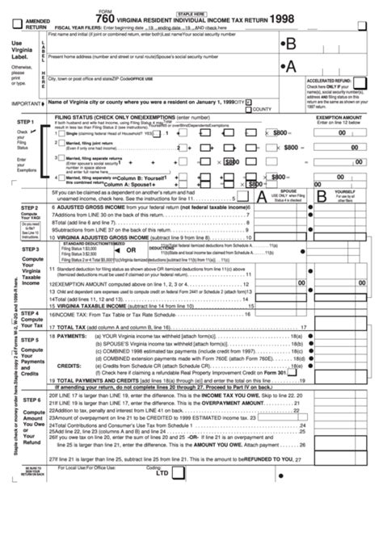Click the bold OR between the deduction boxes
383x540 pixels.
click(130, 249)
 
